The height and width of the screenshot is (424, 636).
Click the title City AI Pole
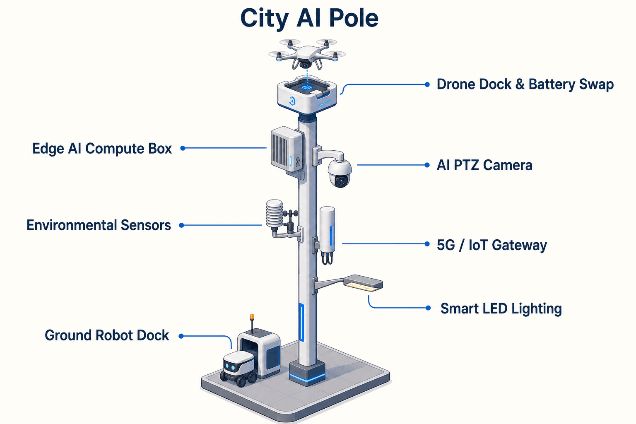tap(309, 19)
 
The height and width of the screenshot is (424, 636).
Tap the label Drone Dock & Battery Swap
tap(525, 84)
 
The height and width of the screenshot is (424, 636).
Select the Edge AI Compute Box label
tap(102, 149)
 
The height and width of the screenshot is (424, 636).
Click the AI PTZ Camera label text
tap(484, 165)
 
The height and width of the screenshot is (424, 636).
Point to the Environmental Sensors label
tap(99, 225)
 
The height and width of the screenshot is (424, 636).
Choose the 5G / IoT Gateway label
tap(492, 245)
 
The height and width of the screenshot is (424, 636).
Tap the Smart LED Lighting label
tap(501, 309)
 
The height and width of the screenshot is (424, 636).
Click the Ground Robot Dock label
tap(107, 335)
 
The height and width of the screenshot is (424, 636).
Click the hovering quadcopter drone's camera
tap(305, 65)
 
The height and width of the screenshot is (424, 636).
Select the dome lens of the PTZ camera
tap(340, 181)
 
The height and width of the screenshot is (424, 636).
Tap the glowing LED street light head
tap(363, 283)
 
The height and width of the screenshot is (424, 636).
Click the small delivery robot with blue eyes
tap(239, 369)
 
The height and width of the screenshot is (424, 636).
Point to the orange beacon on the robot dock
tap(252, 317)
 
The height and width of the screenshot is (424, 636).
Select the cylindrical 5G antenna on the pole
tap(328, 230)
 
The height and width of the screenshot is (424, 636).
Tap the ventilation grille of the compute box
tap(279, 151)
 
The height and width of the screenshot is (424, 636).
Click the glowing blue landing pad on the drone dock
tap(306, 87)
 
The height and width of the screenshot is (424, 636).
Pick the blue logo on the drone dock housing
tap(292, 101)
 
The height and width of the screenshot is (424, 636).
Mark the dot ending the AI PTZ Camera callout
tap(427, 165)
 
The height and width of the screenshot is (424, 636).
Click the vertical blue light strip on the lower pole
tap(301, 322)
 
